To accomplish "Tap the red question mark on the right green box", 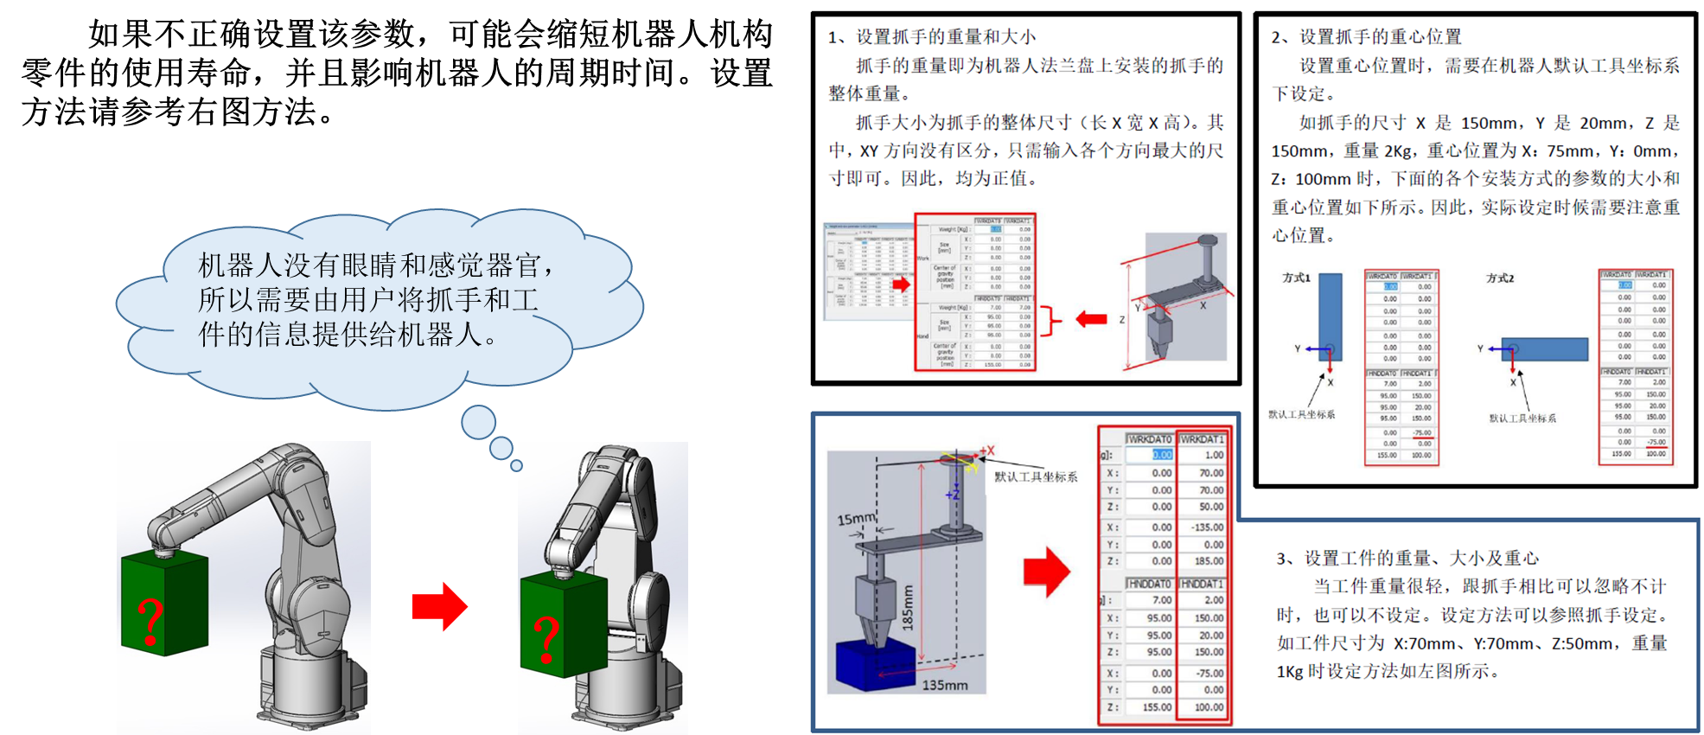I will click(546, 640).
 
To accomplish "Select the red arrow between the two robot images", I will click(440, 606).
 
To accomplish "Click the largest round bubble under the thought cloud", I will click(478, 422).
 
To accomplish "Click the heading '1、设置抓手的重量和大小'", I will click(931, 37).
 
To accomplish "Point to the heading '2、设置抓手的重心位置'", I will click(1366, 37).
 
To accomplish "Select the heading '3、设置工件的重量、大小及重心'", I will click(1407, 559).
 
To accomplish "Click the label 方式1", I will click(1296, 278).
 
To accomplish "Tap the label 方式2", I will click(1500, 278).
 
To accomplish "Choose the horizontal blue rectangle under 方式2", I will click(1544, 348).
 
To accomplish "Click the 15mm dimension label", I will click(856, 519).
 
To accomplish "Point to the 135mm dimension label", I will click(944, 685).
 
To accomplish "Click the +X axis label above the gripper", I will click(986, 451).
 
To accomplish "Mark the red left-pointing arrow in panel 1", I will click(1091, 320).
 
